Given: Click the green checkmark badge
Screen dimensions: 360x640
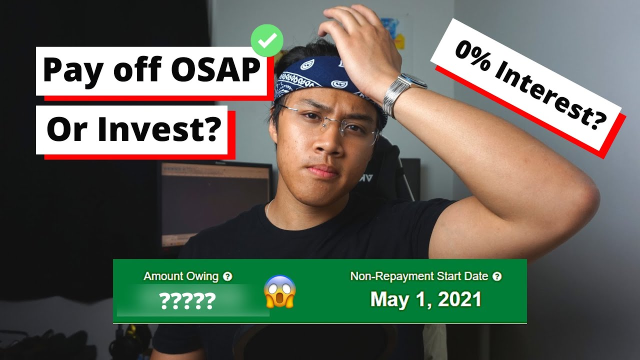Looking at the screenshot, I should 267,40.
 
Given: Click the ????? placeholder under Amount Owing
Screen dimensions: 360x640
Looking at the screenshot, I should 187,301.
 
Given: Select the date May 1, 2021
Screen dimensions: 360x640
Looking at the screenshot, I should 425,299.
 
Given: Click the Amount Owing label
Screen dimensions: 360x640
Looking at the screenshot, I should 181,276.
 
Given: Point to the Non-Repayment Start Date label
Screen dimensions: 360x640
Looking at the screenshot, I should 419,276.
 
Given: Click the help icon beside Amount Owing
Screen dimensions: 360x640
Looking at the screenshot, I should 227,276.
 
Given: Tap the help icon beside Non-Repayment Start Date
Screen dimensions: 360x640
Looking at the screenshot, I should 496,276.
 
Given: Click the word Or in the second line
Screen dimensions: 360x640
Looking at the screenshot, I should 65,129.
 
